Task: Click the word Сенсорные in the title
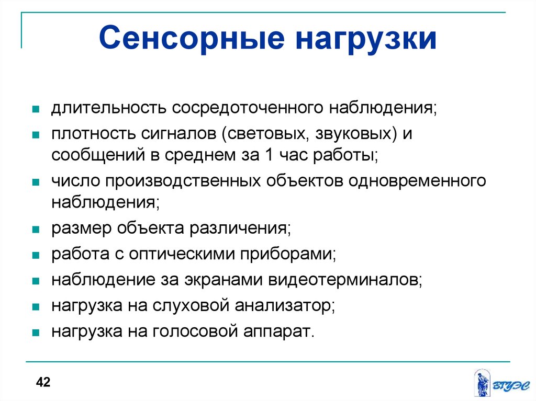click(192, 38)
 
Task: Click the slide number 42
click(43, 382)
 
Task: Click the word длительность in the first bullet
click(109, 108)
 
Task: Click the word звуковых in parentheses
click(353, 134)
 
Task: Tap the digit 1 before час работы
click(269, 155)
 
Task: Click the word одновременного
click(417, 181)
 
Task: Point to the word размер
click(81, 228)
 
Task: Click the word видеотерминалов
click(343, 280)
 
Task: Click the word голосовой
click(195, 331)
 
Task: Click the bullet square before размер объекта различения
click(36, 229)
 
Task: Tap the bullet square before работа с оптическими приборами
click(36, 255)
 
